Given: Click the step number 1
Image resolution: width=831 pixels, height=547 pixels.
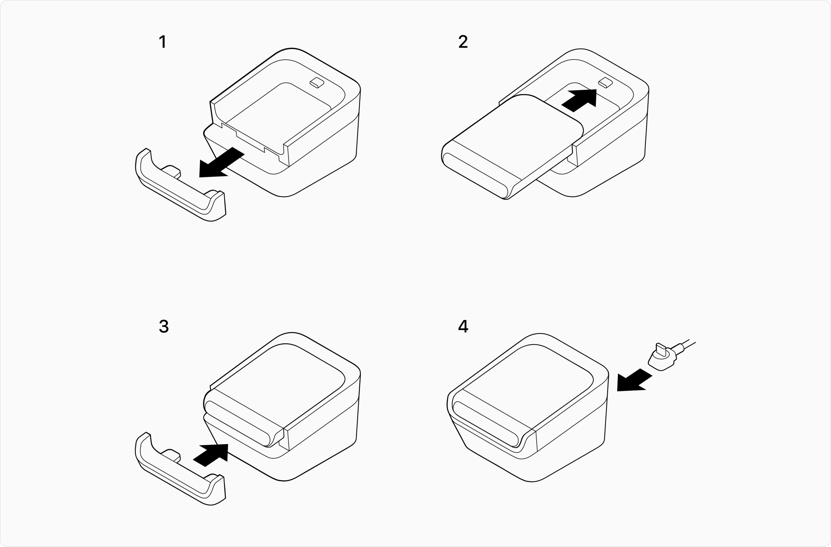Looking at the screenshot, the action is pyautogui.click(x=163, y=41).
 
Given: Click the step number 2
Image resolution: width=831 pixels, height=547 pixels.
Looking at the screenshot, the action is pyautogui.click(x=463, y=41).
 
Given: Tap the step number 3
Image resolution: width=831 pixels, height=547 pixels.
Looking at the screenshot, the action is pyautogui.click(x=164, y=326).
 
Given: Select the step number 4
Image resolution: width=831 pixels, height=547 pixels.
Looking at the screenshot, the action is pyautogui.click(x=463, y=326).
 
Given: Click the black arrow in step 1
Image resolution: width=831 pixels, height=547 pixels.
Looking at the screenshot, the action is pyautogui.click(x=221, y=162).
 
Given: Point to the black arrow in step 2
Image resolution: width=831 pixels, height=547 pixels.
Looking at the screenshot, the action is pyautogui.click(x=579, y=101).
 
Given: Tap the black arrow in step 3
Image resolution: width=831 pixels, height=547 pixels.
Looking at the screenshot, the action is pyautogui.click(x=211, y=455).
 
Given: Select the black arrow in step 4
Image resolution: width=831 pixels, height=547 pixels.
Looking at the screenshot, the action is pyautogui.click(x=634, y=380).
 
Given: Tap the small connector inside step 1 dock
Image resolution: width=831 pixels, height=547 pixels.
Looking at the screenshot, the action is pyautogui.click(x=317, y=83).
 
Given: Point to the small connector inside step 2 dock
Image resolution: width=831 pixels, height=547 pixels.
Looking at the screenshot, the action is pyautogui.click(x=605, y=83).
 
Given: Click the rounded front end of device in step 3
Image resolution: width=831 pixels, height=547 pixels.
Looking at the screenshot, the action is pyautogui.click(x=238, y=424).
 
